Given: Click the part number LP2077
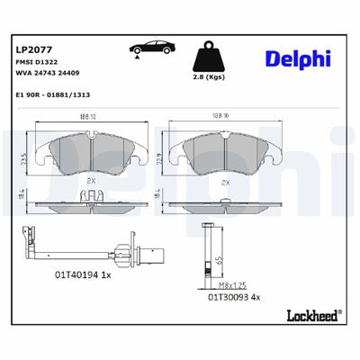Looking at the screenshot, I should pos(33,47).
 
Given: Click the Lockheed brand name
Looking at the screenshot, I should pos(311,315).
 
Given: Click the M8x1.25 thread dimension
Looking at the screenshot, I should pos(235,283).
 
